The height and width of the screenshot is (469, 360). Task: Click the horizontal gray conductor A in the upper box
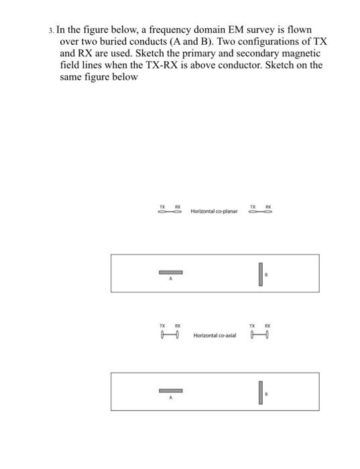tap(170, 273)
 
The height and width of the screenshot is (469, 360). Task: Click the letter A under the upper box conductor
tap(170, 280)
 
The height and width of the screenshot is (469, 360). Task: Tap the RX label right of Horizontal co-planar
tap(268, 205)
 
